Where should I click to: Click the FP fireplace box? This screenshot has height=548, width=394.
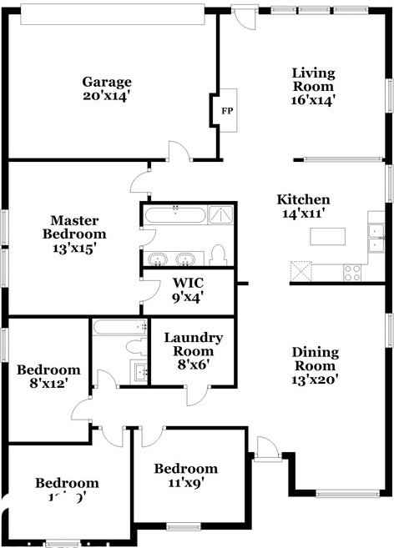click(x=225, y=109)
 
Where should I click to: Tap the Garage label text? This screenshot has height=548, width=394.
click(x=107, y=82)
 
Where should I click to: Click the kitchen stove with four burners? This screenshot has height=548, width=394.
click(x=352, y=270)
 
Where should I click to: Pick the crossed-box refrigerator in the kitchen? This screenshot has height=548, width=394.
click(x=301, y=271)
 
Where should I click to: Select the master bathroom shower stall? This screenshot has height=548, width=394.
click(x=220, y=215)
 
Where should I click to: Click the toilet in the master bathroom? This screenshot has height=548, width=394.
click(x=219, y=254)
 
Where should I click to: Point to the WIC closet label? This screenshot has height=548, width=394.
click(x=188, y=282)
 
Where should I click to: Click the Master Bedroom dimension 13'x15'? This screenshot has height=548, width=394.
click(x=74, y=247)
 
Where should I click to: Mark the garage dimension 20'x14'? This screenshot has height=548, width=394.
click(x=107, y=95)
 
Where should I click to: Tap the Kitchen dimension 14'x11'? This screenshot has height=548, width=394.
click(x=303, y=214)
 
